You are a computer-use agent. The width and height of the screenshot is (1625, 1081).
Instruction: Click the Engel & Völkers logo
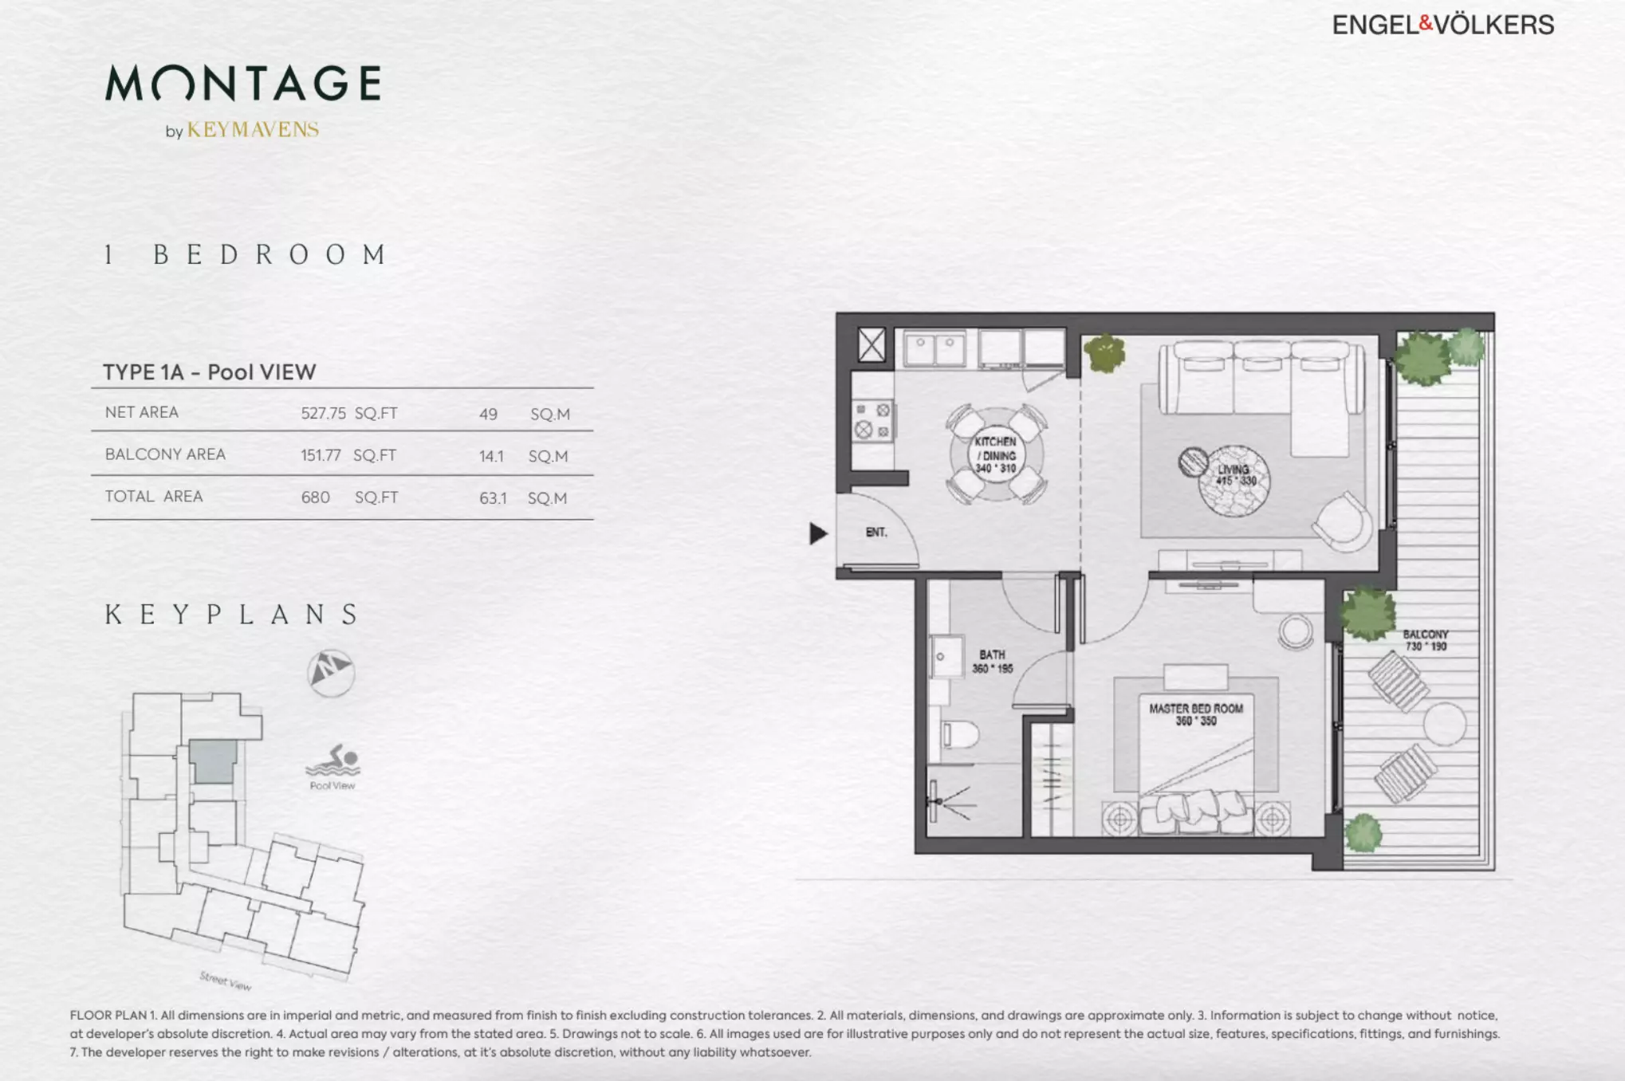(x=1443, y=25)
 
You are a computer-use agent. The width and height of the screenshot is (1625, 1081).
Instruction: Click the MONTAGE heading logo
(x=243, y=83)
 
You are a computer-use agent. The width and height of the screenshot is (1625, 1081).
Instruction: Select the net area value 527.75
(x=323, y=413)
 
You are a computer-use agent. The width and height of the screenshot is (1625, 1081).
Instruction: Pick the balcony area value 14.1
(x=491, y=456)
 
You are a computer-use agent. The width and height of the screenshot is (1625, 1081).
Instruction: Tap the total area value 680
(x=315, y=497)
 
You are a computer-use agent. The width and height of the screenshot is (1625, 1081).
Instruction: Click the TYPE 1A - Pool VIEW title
(x=210, y=371)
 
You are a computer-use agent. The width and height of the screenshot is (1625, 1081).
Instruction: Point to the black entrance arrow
(x=818, y=533)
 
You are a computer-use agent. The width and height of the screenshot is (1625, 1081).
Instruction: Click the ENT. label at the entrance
(x=876, y=532)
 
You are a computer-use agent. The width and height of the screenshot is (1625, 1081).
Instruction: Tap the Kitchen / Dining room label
(x=996, y=454)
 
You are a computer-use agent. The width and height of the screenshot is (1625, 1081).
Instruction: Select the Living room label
(x=1234, y=475)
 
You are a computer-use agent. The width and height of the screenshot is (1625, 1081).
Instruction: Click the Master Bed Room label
(x=1196, y=714)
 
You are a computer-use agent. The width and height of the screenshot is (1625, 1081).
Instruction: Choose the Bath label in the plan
(x=993, y=662)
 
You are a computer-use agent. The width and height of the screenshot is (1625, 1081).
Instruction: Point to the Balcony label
(x=1426, y=640)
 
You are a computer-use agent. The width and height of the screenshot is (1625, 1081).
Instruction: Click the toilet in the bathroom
(x=959, y=733)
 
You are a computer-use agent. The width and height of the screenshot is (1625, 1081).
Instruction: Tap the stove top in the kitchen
(x=872, y=420)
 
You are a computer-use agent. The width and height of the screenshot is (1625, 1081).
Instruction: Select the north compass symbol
(x=331, y=673)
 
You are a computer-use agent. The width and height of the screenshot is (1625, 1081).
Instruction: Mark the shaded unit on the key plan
(x=213, y=761)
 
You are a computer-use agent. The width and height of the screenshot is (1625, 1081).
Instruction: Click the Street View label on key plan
(x=226, y=981)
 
